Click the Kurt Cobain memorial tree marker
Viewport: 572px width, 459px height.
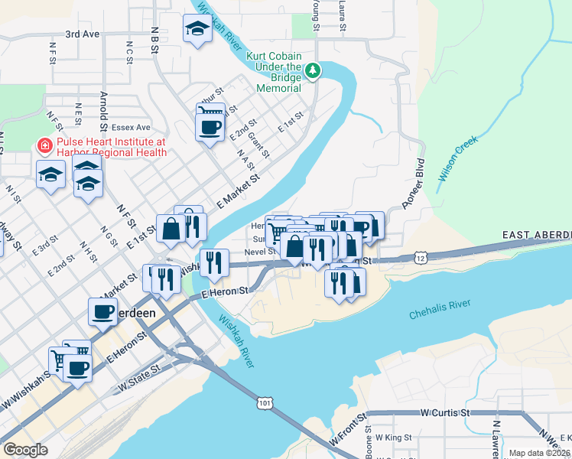tap(312, 71)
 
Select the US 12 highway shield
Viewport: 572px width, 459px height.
tap(421, 257)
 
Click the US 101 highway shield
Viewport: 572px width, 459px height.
tap(265, 402)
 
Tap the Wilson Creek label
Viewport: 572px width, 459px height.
tap(457, 158)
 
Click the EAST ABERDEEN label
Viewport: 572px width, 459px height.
tap(537, 233)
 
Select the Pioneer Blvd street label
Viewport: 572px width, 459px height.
tap(411, 184)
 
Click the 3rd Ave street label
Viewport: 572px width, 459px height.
tap(83, 34)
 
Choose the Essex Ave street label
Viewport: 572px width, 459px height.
tap(132, 127)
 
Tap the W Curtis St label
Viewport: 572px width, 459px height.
tap(444, 412)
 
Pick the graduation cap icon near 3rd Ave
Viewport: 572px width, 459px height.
tap(197, 29)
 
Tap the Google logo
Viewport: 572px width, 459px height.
tap(26, 450)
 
